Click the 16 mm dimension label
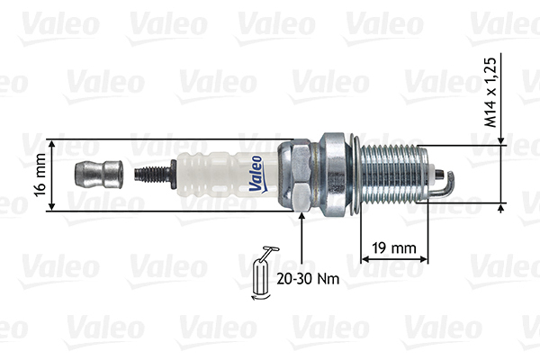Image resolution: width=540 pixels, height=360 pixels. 40,175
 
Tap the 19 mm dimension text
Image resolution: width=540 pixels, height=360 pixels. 394,248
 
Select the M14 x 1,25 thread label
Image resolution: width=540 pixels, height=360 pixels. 491,93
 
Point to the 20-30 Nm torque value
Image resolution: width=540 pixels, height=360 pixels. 308,279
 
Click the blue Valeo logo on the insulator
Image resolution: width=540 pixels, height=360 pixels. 256,174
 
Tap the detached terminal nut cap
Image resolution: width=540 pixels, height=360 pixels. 99,174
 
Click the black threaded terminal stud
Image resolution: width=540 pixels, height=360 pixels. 155,175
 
